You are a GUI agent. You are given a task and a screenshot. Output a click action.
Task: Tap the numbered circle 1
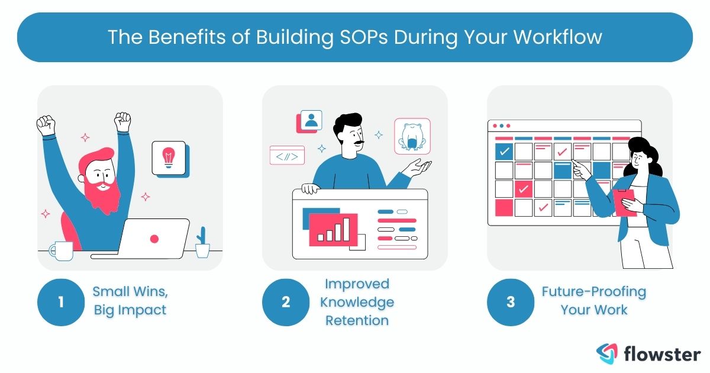pyautogui.click(x=61, y=302)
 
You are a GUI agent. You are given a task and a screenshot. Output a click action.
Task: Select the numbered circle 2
pyautogui.click(x=286, y=302)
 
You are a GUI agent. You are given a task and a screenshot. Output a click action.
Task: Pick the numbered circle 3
pyautogui.click(x=510, y=302)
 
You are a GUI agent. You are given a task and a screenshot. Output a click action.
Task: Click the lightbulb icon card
pyautogui.click(x=168, y=157)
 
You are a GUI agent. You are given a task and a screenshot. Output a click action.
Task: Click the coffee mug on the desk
pyautogui.click(x=61, y=251)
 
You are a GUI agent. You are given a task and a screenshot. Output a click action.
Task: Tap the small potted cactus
pyautogui.click(x=202, y=243)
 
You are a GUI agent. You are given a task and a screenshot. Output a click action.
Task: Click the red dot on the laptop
pyautogui.click(x=154, y=239)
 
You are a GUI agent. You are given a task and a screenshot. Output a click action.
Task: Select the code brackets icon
pyautogui.click(x=287, y=155)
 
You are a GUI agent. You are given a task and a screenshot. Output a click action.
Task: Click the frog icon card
pyautogui.click(x=412, y=137)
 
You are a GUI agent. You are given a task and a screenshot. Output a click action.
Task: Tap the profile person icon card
pyautogui.click(x=311, y=121)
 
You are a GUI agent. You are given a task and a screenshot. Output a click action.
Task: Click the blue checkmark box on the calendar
pyautogui.click(x=504, y=151)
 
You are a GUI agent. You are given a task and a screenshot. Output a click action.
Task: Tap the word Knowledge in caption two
pyautogui.click(x=357, y=302)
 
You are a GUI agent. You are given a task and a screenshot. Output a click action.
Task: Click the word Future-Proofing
pyautogui.click(x=593, y=292)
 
